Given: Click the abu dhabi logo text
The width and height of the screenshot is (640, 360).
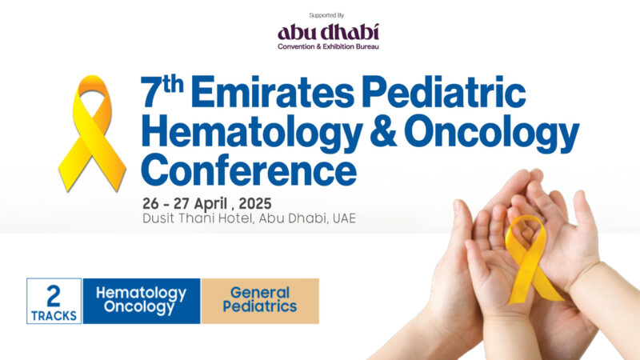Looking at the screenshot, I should pyautogui.click(x=328, y=33).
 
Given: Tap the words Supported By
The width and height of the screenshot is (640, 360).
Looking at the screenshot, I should pyautogui.click(x=328, y=15).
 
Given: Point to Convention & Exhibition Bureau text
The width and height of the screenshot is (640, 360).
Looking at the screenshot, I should pyautogui.click(x=328, y=47).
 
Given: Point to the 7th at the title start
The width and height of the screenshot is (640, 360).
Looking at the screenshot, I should pyautogui.click(x=162, y=94).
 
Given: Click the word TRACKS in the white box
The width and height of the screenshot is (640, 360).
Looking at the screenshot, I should pyautogui.click(x=54, y=315).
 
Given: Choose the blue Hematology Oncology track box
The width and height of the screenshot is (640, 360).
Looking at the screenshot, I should pyautogui.click(x=141, y=301).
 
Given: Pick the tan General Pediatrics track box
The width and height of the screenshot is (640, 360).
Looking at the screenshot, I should pyautogui.click(x=260, y=301).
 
